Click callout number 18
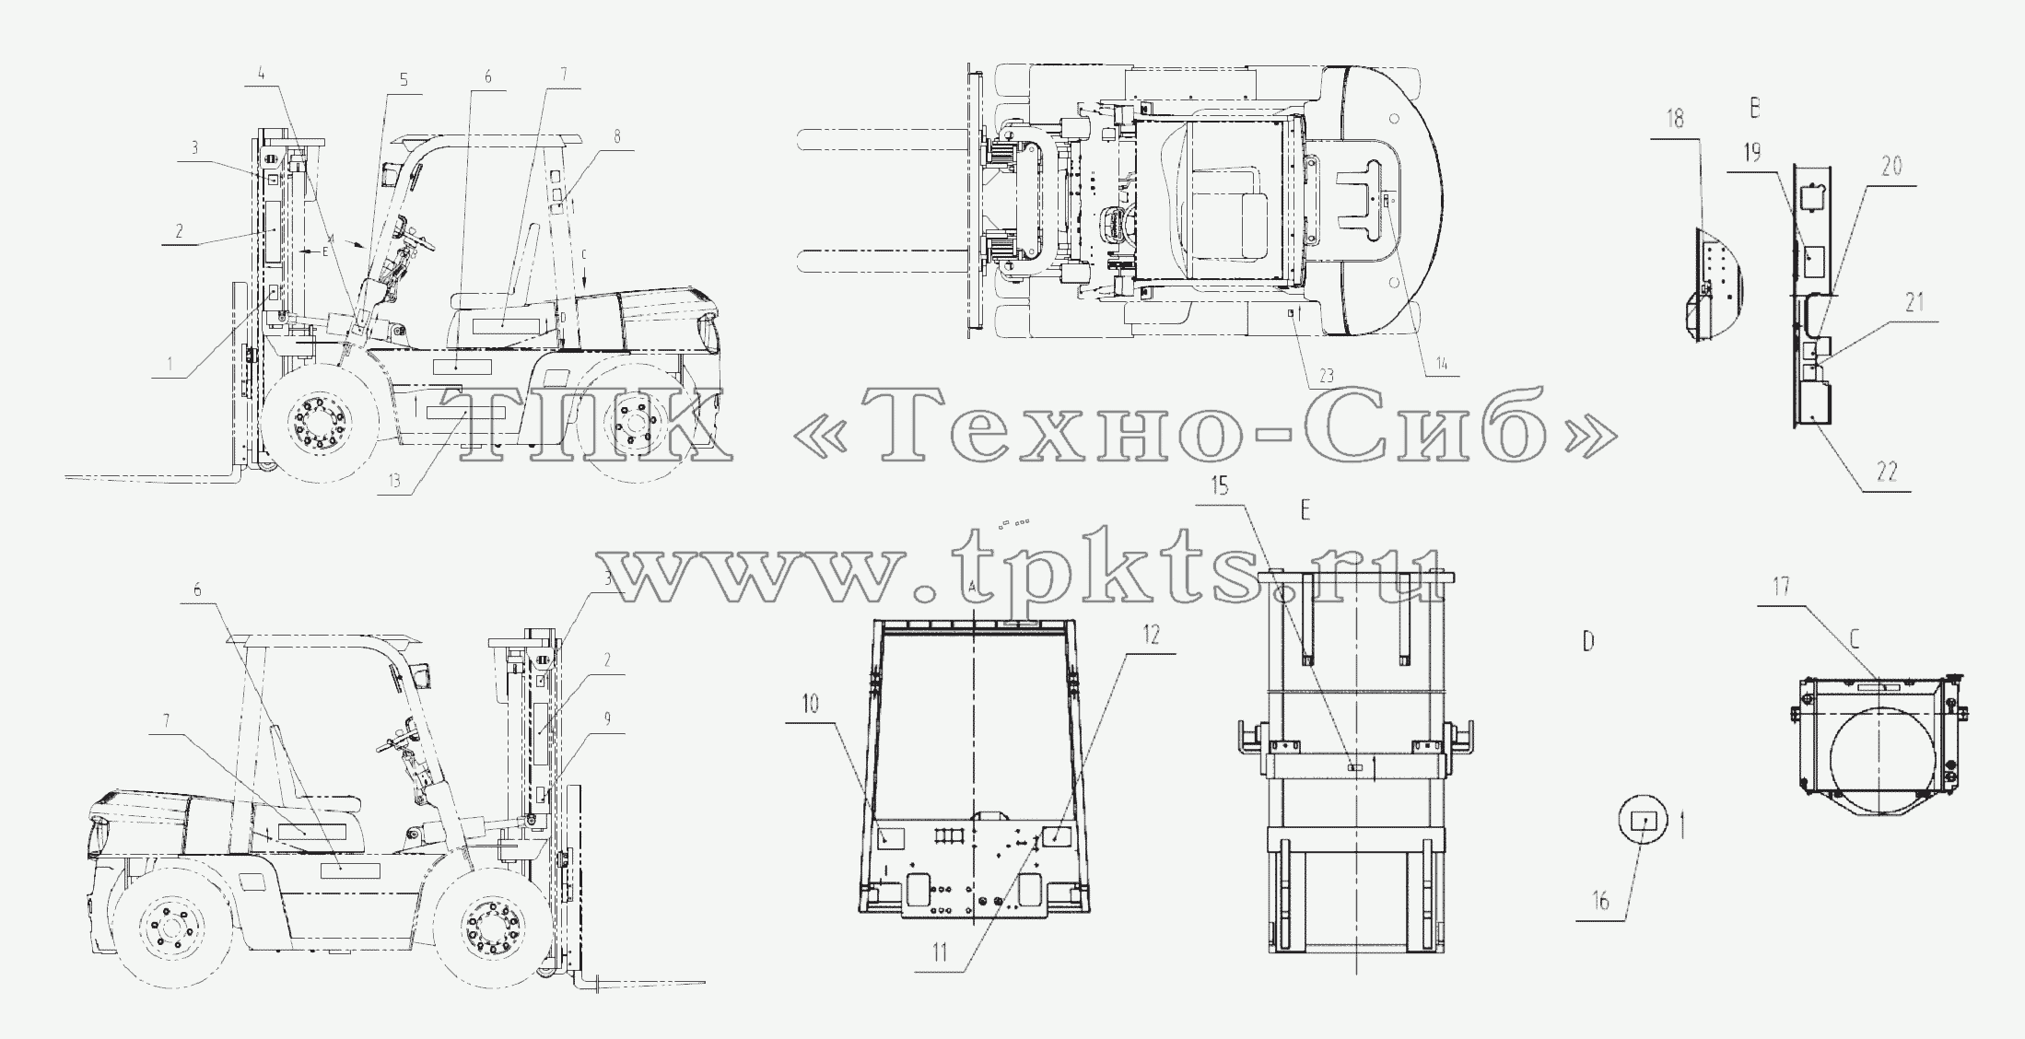click(x=1675, y=120)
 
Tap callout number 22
click(x=1888, y=471)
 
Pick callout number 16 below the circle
click(x=1601, y=902)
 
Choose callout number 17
click(x=1781, y=587)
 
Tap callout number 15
click(x=1219, y=485)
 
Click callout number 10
click(x=810, y=705)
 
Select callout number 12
click(x=1152, y=635)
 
